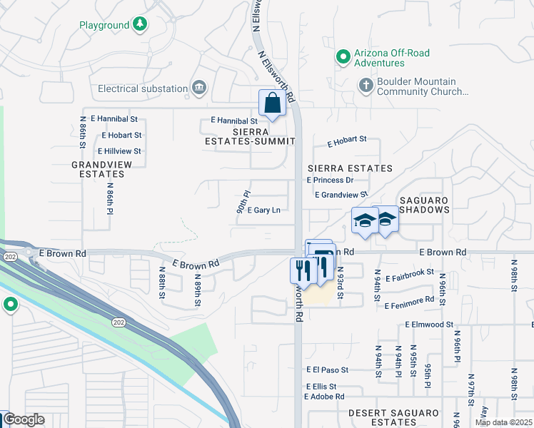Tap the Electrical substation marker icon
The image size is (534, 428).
(x=199, y=89)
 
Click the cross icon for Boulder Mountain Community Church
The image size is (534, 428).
(x=366, y=86)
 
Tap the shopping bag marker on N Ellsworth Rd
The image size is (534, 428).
(x=272, y=103)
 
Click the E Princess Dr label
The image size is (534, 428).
(x=330, y=180)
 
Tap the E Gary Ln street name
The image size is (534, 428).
(x=258, y=210)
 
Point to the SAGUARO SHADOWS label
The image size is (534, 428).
(x=424, y=205)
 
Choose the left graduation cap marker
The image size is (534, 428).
(x=364, y=220)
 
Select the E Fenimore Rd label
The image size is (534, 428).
(x=408, y=305)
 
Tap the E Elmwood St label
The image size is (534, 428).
(x=428, y=325)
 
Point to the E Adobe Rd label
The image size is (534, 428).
(x=324, y=396)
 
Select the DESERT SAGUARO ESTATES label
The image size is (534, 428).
(x=393, y=418)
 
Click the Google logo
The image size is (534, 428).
(x=24, y=419)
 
